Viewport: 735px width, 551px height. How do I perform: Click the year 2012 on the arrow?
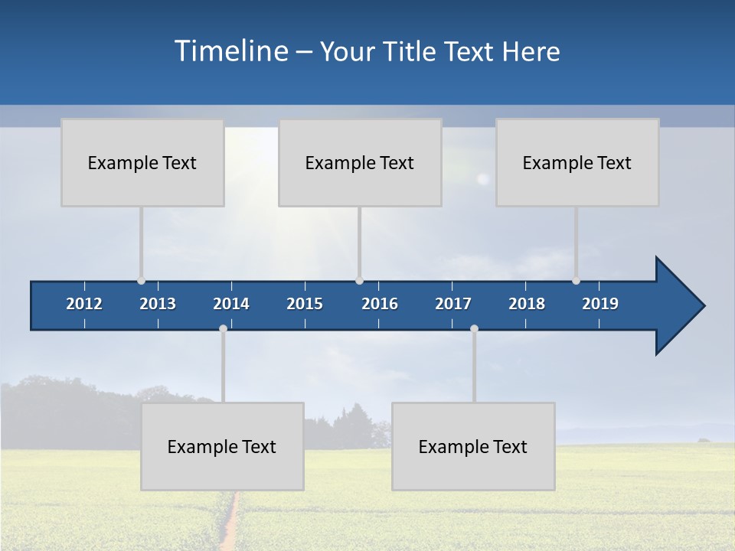[x=84, y=304]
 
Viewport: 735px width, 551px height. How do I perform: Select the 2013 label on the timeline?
[x=158, y=304]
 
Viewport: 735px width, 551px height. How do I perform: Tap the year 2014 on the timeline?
[x=231, y=304]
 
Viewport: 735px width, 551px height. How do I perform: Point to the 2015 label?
[x=305, y=304]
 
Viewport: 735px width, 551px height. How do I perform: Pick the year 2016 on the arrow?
[x=380, y=304]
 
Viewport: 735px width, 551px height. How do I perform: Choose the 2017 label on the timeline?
[x=453, y=304]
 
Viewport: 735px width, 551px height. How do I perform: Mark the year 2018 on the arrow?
[x=527, y=304]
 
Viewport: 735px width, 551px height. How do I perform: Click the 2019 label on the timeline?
[x=600, y=304]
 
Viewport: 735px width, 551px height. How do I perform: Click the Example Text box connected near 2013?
[x=142, y=162]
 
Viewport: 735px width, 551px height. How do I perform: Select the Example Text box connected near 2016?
[x=360, y=162]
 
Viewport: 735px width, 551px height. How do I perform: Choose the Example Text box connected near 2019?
[x=577, y=162]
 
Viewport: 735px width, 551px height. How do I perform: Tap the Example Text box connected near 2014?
[x=222, y=446]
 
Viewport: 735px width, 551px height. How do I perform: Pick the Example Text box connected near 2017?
[x=473, y=446]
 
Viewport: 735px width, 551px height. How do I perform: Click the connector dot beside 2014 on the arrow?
[x=223, y=328]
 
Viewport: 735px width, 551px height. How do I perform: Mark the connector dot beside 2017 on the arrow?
[x=474, y=328]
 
